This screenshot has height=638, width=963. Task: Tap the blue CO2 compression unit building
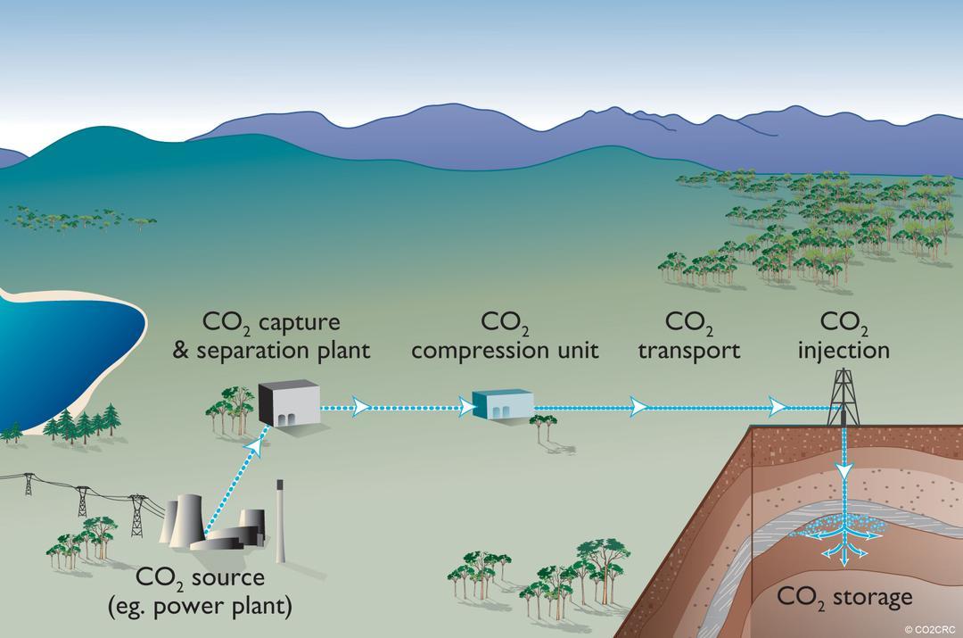(503, 403)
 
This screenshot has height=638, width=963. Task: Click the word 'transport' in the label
(689, 351)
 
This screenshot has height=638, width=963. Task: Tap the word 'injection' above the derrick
(844, 350)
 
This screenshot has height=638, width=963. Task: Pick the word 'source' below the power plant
(228, 578)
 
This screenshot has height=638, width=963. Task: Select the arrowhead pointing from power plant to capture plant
(257, 448)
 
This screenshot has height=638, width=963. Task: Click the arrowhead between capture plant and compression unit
(361, 406)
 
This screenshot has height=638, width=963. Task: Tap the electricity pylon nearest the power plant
(136, 515)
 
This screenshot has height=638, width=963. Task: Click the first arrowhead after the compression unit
(638, 406)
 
